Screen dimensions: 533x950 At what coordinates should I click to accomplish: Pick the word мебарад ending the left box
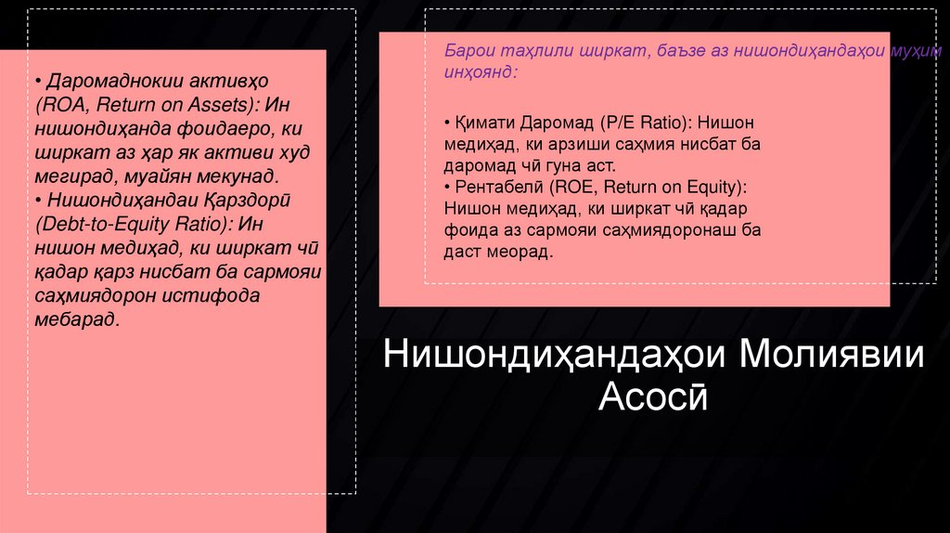pos(79,319)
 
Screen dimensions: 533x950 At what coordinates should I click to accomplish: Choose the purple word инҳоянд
pos(480,71)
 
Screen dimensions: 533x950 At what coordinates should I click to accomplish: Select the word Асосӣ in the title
pos(654,397)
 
